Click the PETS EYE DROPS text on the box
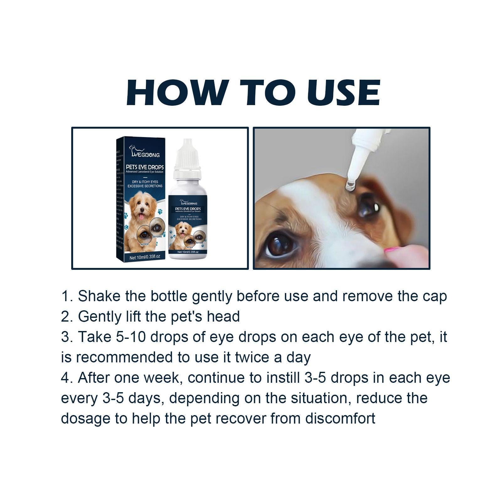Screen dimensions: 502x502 145,168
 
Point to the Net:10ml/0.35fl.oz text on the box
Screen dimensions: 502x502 145,257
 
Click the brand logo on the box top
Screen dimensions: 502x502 145,152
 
